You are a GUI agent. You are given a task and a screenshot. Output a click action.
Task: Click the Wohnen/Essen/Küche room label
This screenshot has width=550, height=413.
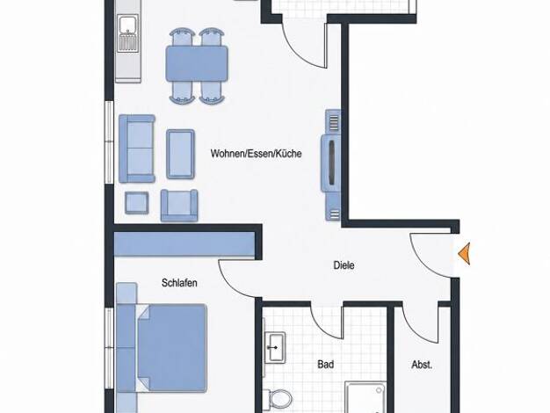[256, 154]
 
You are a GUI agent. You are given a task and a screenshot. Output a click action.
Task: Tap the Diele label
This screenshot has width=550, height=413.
[344, 265]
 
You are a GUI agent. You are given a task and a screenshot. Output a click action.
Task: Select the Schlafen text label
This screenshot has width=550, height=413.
[179, 283]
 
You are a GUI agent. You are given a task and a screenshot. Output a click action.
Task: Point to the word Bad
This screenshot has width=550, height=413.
[325, 364]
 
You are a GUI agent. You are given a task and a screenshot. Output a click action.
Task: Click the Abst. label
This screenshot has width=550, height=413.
[422, 365]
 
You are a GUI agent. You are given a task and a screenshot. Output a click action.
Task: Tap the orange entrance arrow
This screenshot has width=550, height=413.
[464, 253]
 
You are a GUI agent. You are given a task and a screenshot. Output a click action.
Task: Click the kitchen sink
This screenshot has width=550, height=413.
[127, 33]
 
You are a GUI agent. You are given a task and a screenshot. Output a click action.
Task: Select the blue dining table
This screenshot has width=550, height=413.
[197, 63]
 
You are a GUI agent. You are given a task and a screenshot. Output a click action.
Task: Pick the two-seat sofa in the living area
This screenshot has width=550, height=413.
[137, 149]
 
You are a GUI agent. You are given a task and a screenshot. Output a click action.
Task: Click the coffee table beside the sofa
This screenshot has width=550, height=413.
[180, 154]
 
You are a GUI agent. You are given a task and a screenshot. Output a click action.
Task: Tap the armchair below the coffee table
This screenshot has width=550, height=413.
[179, 206]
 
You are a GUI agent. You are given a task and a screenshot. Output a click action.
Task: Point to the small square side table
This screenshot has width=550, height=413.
[137, 203]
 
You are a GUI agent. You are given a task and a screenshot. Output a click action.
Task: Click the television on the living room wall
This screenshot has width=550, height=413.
[330, 163]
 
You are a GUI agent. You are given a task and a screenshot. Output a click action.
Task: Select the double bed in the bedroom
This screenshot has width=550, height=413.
[172, 348]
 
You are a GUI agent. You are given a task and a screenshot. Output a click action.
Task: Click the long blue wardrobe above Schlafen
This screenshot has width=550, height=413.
[185, 244]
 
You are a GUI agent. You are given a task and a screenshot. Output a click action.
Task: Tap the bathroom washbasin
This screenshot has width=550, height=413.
[275, 347]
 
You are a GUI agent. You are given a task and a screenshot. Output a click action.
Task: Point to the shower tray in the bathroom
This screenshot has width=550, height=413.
[365, 397]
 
